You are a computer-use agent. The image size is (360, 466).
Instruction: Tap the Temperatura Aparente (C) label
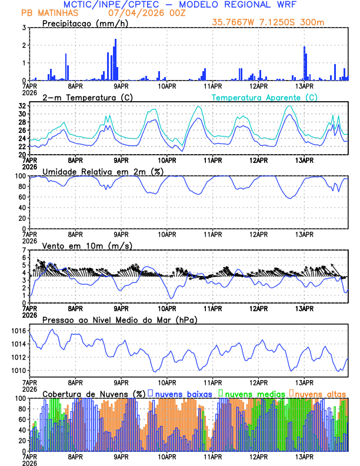[x=265, y=97]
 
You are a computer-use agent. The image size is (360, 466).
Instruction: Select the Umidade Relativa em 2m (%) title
[x=102, y=171]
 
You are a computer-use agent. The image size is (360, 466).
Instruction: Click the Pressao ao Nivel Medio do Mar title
[x=119, y=319]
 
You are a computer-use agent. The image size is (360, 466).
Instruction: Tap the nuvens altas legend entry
[x=320, y=394]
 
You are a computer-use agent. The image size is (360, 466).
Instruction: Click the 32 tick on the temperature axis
[x=21, y=106]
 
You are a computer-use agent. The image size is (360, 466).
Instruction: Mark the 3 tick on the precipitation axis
[x=24, y=28]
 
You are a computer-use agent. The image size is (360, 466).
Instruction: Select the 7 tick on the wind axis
[x=24, y=250]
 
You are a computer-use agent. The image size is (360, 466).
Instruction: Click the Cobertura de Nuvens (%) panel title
[x=94, y=394]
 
